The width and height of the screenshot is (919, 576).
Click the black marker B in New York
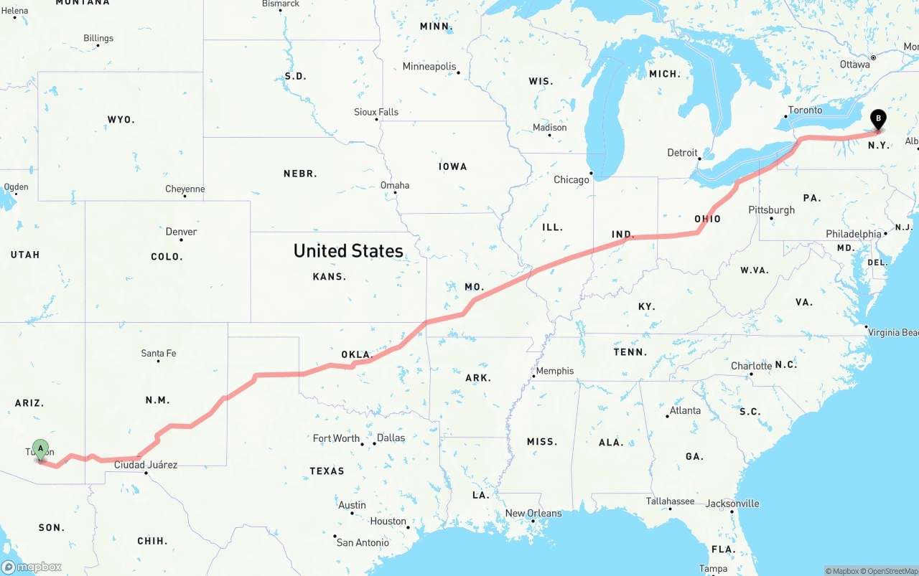pos(877,119)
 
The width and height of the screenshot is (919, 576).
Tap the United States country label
pos(348,251)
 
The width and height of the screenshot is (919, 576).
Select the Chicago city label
pos(572,179)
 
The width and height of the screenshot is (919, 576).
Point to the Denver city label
pos(181,232)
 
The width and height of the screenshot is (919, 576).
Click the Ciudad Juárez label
pos(146,465)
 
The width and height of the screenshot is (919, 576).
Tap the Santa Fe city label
pos(159,353)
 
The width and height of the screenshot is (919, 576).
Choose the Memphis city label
pos(555,371)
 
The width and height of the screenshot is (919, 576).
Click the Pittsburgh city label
pos(772,210)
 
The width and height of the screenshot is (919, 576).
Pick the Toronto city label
pos(805,110)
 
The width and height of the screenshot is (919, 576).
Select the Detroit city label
pos(682,153)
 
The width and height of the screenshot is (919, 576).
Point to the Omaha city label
pos(395,185)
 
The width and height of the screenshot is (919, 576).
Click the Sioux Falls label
pos(376,112)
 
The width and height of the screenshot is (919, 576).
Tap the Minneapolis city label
pos(429,67)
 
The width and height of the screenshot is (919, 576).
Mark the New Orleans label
pos(533,513)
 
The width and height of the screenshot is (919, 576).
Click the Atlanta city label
pos(685,410)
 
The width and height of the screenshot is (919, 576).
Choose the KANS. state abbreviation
pos(330,277)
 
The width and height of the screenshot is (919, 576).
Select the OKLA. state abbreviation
pos(357,354)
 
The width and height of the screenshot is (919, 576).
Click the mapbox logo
pos(32,567)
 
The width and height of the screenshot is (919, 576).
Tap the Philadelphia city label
pos(853,234)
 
